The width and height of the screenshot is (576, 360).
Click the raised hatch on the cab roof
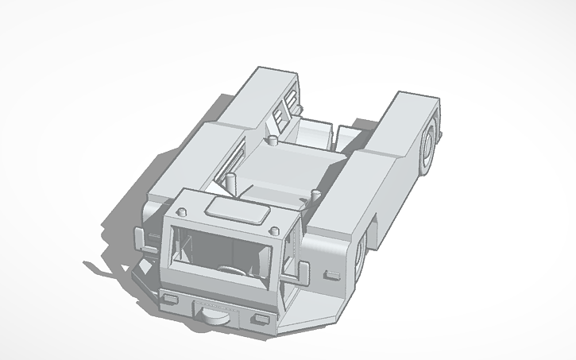point(236,211)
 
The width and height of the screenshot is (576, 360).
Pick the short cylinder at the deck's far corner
point(272,141)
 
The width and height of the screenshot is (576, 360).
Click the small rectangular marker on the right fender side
point(330,274)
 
